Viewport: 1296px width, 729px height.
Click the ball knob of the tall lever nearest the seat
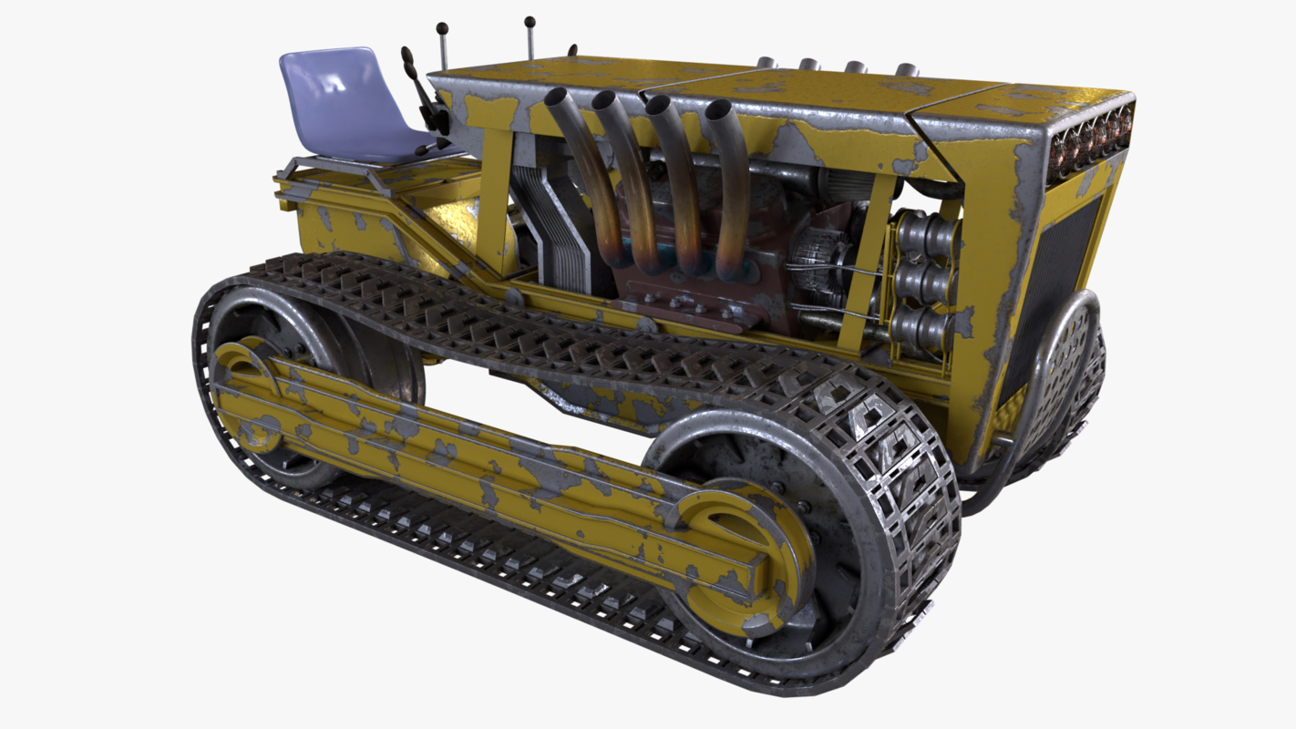(442, 28)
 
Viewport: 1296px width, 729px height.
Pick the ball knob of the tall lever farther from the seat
(529, 21)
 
